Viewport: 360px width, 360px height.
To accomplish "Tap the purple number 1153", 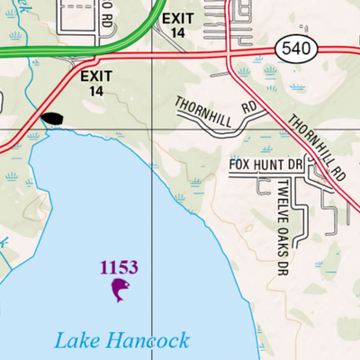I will click(119, 267).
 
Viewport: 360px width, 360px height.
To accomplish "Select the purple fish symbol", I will click(119, 289).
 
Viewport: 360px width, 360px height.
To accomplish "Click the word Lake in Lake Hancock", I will click(75, 340).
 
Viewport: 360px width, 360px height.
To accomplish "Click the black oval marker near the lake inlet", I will click(52, 119).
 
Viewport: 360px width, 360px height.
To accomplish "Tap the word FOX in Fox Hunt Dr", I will click(240, 165).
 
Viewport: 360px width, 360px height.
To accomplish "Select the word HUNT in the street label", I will click(267, 165).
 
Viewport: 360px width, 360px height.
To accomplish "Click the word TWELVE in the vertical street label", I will click(282, 201).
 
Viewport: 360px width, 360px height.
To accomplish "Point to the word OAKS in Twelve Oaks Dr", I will click(282, 238).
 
